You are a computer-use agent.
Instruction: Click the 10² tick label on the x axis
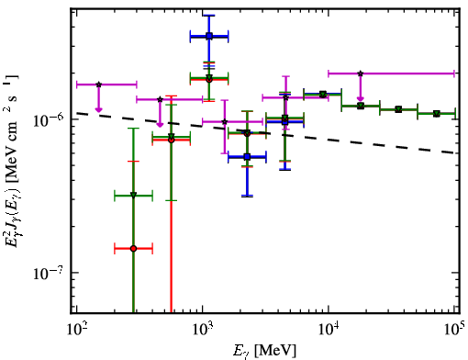coord(76,329)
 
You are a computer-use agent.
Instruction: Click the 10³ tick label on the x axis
coord(202,329)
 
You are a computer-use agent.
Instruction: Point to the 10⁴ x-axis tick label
coord(329,329)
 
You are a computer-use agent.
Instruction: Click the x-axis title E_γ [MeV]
coord(264,351)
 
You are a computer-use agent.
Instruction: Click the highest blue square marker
coord(209,36)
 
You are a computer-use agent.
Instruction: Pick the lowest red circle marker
coord(133,249)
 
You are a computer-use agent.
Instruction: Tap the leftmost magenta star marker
coord(98,84)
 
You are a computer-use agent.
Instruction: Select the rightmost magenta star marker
coord(361,73)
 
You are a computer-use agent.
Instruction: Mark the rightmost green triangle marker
coord(437,114)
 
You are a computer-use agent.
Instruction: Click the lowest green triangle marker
coord(133,195)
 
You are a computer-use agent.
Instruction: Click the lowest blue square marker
coord(247,157)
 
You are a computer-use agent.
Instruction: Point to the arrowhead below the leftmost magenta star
coord(98,109)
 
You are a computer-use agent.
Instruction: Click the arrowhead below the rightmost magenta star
coord(361,98)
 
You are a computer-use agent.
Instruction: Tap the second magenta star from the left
coord(160,99)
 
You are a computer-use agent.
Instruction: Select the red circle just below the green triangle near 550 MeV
coord(172,140)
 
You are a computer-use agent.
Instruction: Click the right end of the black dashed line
coord(455,152)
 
